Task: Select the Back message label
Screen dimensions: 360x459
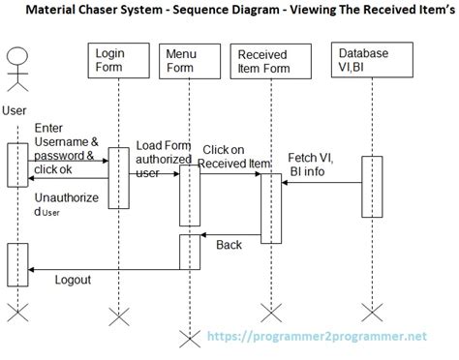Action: (x=229, y=245)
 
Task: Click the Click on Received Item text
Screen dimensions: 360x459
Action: (x=229, y=156)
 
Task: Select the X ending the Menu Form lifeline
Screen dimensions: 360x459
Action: (x=189, y=336)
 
